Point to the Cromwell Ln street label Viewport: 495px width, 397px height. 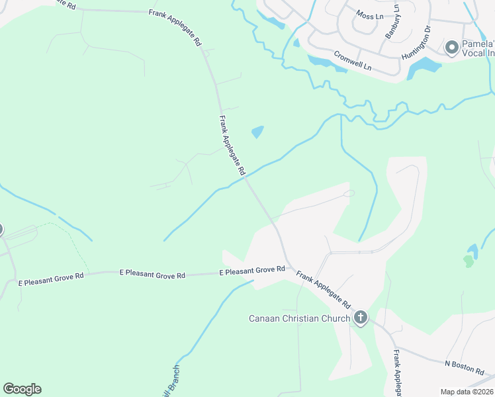tap(353, 62)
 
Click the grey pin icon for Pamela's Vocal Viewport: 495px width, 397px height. tap(452, 47)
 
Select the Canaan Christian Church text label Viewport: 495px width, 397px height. tap(299, 319)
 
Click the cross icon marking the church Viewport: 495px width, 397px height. tap(360, 318)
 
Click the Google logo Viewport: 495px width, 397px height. tap(22, 389)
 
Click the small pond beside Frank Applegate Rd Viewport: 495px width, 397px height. tap(257, 132)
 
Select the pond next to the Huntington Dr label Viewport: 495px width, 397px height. tap(424, 67)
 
